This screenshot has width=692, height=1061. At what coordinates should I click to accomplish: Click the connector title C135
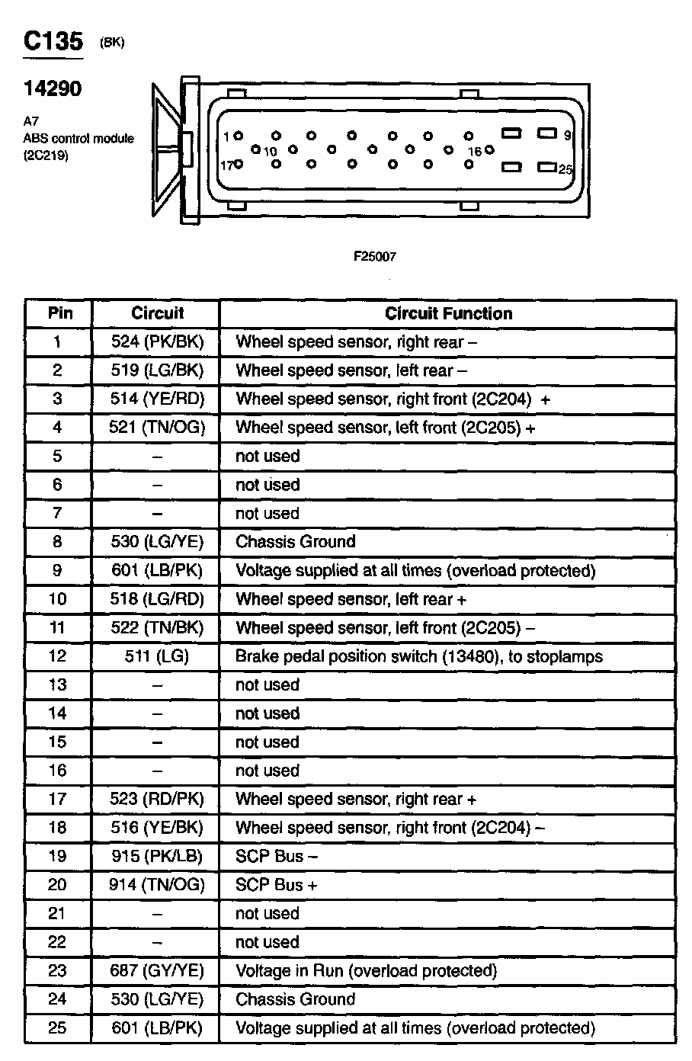tap(53, 41)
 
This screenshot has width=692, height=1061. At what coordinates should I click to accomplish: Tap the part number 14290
tap(52, 88)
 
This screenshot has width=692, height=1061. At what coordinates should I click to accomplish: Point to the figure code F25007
tap(374, 257)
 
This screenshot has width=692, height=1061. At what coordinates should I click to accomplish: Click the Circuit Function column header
tap(448, 313)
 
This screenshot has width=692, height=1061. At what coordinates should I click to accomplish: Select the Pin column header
tap(60, 313)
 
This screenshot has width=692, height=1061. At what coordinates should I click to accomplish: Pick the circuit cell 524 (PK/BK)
tap(158, 341)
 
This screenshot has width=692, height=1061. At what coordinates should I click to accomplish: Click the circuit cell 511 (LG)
tap(157, 656)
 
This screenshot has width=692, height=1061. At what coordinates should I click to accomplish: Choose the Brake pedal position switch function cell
tap(418, 656)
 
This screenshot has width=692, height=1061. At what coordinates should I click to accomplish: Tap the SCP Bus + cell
tap(276, 885)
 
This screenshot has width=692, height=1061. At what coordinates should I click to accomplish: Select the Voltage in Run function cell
tap(366, 970)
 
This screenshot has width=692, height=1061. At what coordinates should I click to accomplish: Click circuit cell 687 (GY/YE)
tap(157, 970)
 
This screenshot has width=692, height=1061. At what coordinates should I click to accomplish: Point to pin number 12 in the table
tap(58, 656)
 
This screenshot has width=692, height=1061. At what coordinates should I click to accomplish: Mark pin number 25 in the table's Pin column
tap(58, 1027)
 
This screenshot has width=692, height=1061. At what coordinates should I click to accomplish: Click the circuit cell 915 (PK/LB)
tap(157, 856)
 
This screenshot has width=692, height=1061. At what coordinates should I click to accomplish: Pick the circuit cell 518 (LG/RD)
tap(157, 599)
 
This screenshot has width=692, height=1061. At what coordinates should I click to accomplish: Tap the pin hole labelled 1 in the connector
tap(239, 136)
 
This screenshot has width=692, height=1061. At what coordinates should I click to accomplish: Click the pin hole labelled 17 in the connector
tap(239, 164)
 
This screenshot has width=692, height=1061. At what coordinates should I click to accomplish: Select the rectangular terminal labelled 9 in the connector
tap(546, 133)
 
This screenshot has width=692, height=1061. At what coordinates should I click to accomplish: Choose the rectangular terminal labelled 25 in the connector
tap(546, 167)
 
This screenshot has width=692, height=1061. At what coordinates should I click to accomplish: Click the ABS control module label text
tap(78, 139)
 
